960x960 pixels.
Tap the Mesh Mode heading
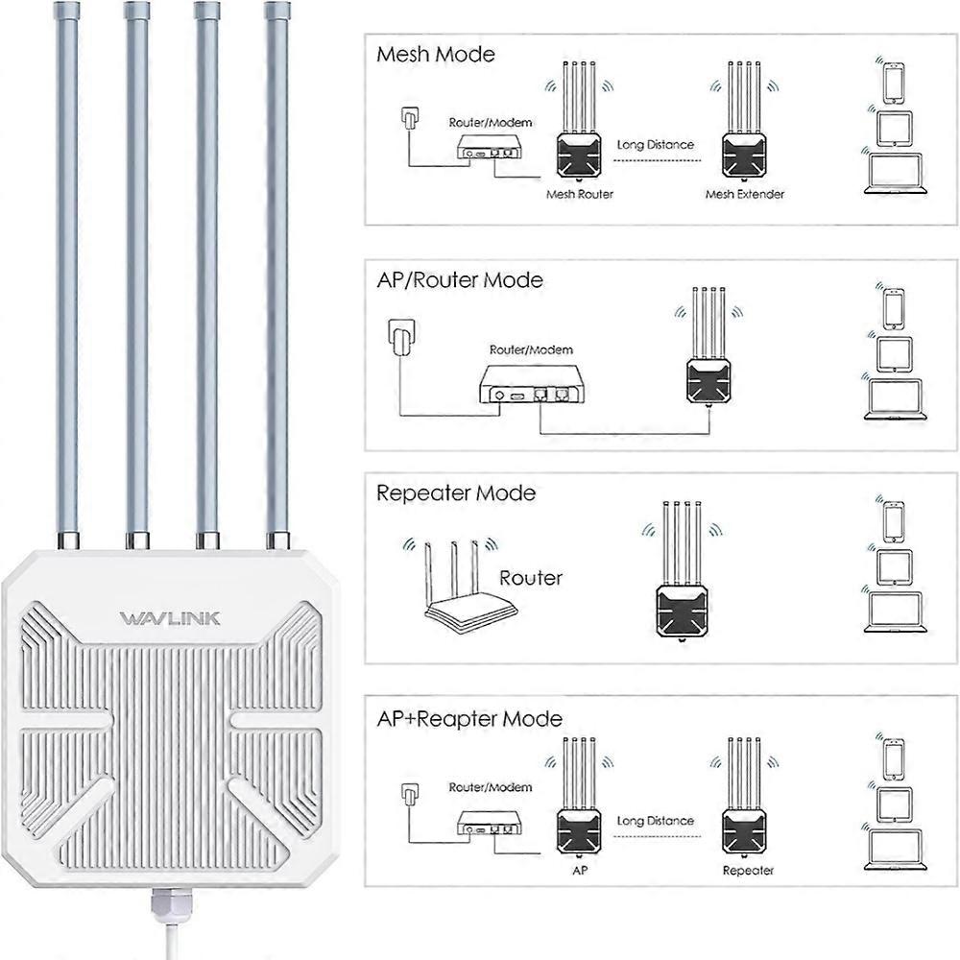click(x=436, y=55)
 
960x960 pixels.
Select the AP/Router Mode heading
click(x=459, y=280)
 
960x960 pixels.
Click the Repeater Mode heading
click(x=455, y=493)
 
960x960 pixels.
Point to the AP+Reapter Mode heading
click(x=468, y=718)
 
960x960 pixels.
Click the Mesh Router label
click(x=579, y=194)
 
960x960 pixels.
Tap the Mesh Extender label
click(x=744, y=194)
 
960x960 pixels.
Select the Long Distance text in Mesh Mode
click(x=655, y=145)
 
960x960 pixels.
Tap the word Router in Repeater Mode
click(x=530, y=578)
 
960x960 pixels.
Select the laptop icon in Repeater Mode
click(x=893, y=612)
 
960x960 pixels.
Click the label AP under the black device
click(x=578, y=870)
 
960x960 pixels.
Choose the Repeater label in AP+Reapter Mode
click(x=747, y=870)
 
